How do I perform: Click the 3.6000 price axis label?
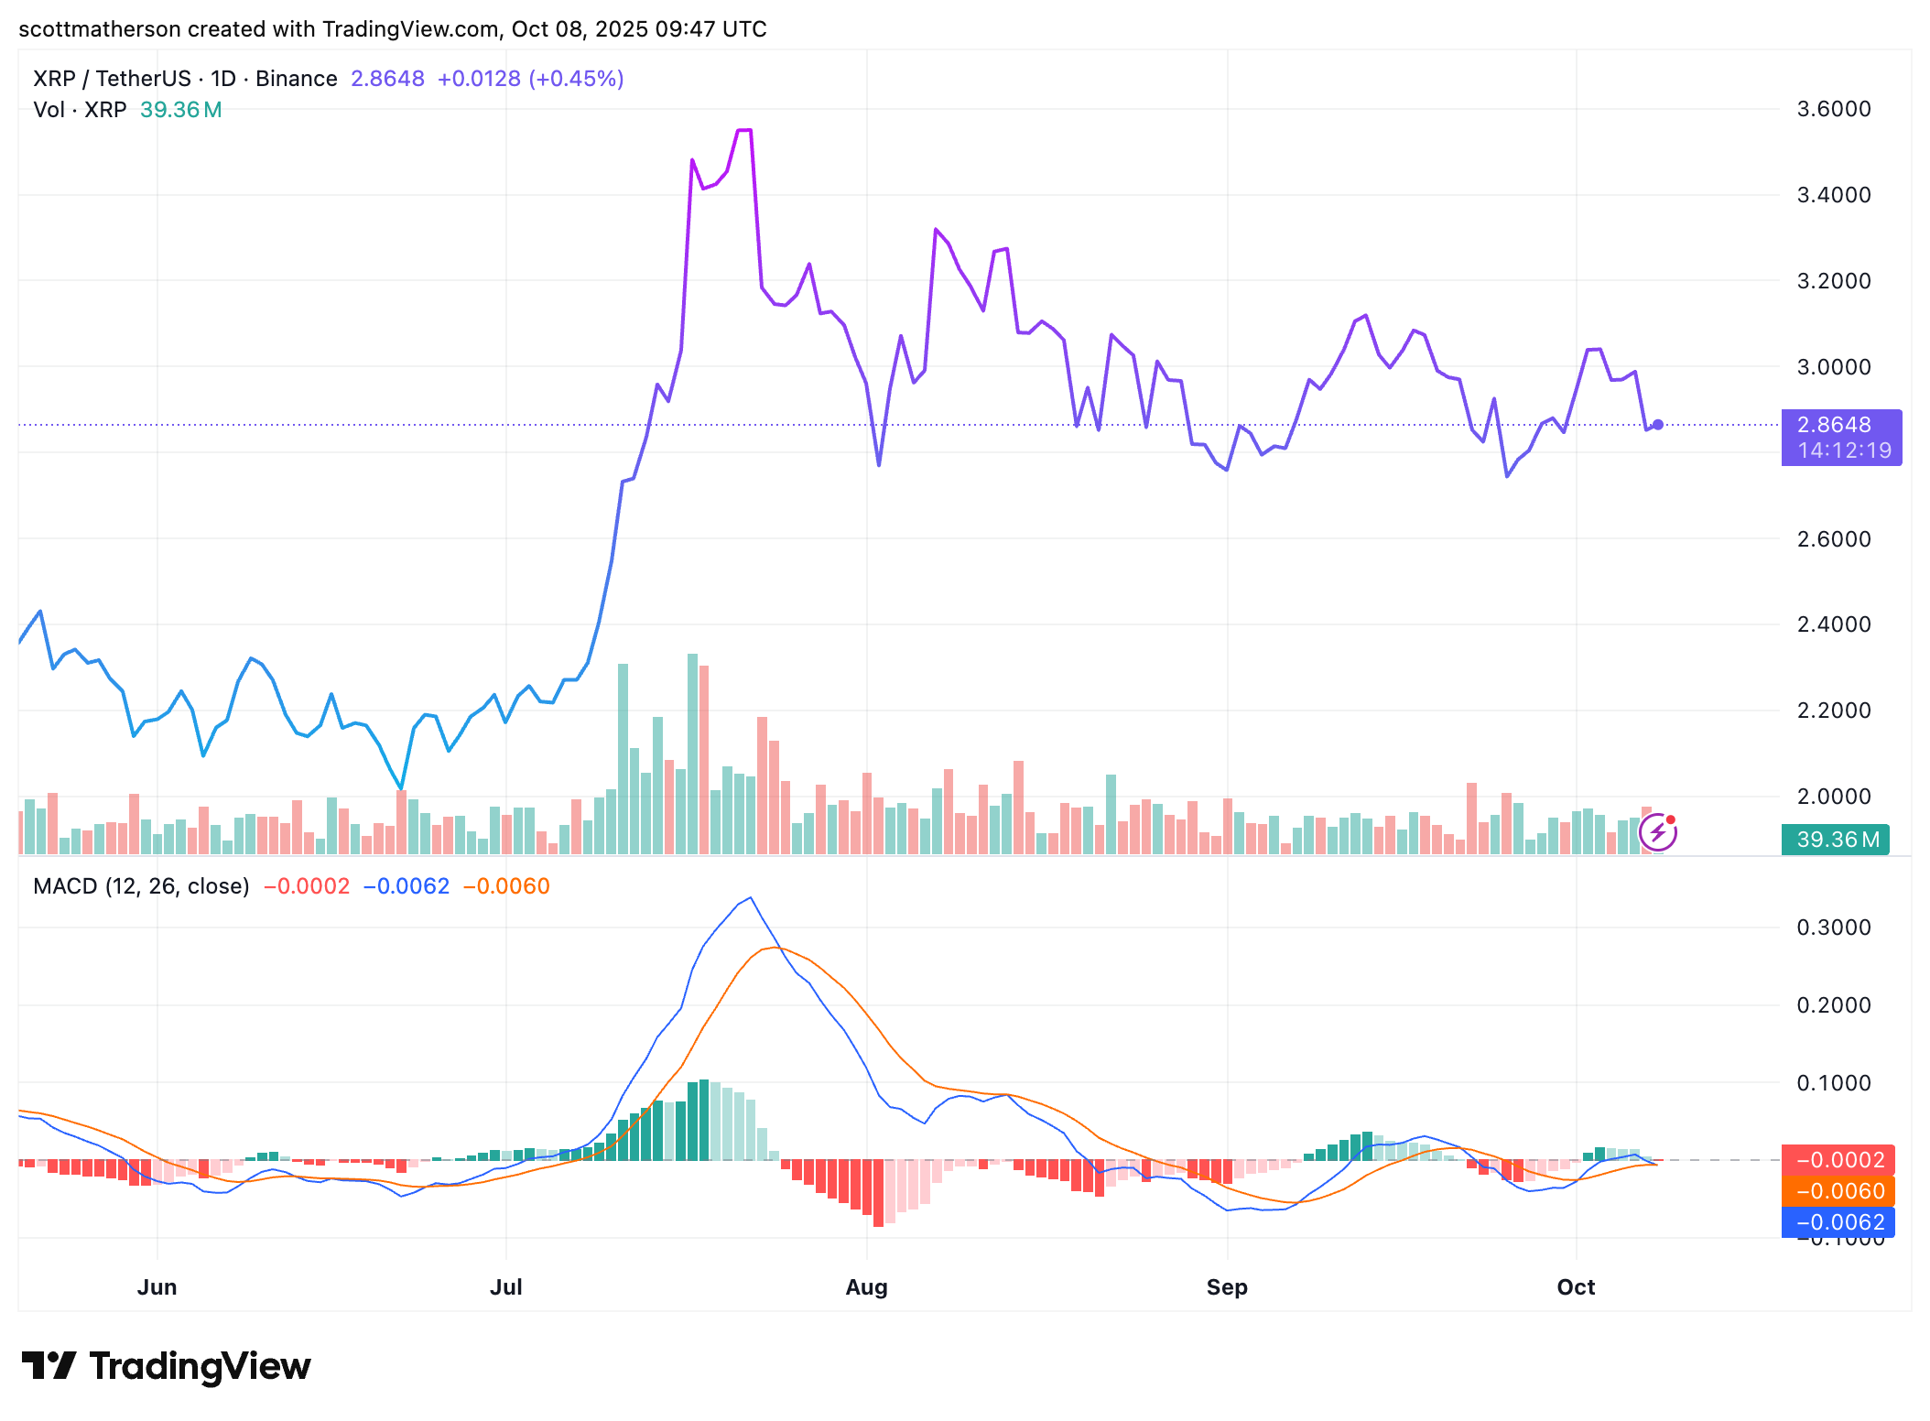(1833, 109)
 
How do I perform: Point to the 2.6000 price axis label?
(1833, 538)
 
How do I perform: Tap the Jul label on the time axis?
(505, 1286)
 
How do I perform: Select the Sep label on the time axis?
(1226, 1286)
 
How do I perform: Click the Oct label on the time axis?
(1575, 1286)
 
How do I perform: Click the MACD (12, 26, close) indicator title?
(141, 885)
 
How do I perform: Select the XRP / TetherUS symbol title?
(112, 79)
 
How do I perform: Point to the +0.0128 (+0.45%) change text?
(530, 79)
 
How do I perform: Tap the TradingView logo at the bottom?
(166, 1365)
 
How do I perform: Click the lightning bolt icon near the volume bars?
(1657, 832)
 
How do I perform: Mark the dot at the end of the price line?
(1657, 425)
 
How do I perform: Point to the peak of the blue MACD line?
(751, 897)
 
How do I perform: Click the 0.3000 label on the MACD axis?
(1833, 927)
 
